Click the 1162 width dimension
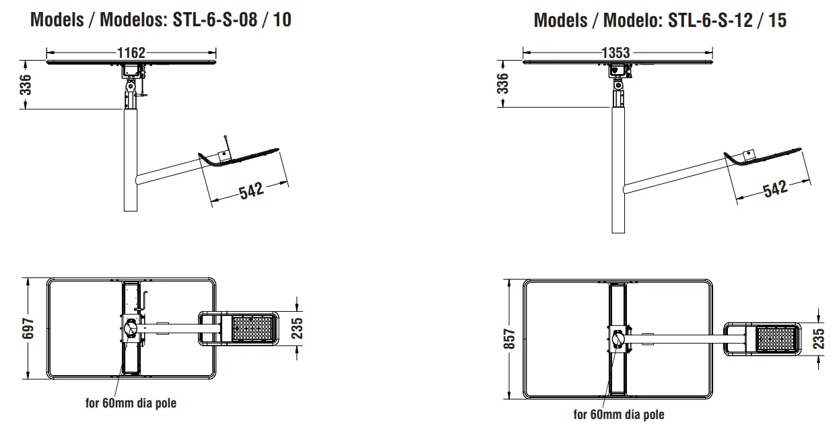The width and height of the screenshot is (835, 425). click(131, 53)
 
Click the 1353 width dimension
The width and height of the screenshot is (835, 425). click(615, 53)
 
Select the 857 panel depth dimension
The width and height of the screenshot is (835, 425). click(509, 339)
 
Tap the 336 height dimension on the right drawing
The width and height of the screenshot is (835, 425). click(502, 84)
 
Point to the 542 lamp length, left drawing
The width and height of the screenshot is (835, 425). click(250, 190)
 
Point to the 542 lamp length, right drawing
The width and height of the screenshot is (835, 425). click(775, 189)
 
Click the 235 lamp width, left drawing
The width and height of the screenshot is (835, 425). click(297, 328)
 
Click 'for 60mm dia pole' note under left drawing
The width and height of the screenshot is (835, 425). click(131, 403)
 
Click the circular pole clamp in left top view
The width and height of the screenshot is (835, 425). click(131, 329)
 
